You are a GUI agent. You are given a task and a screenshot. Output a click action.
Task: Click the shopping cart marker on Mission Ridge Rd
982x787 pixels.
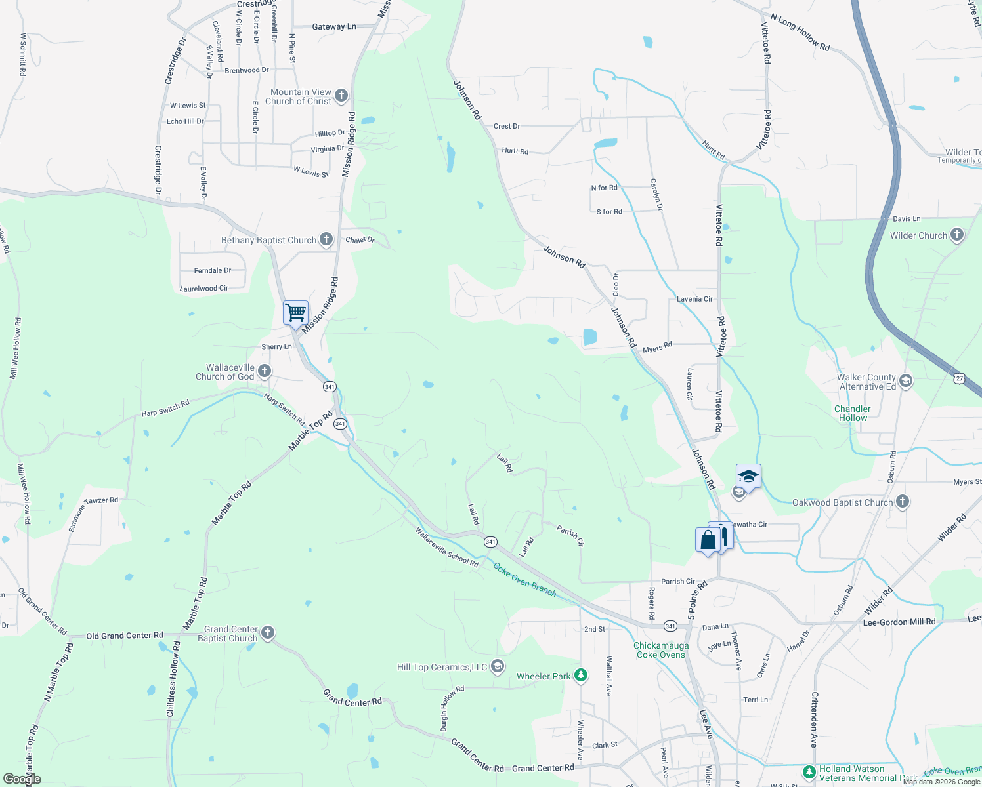pyautogui.click(x=295, y=312)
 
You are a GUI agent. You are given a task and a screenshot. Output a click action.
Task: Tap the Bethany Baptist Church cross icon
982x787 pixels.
pyautogui.click(x=326, y=239)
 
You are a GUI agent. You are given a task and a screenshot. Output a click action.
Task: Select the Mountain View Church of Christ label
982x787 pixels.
pyautogui.click(x=301, y=96)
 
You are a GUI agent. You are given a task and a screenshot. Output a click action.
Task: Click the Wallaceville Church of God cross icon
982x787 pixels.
pyautogui.click(x=265, y=371)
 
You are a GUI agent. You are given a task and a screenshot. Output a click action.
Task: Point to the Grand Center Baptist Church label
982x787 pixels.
pyautogui.click(x=227, y=634)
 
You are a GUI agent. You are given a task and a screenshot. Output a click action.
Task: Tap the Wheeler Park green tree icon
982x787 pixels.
pyautogui.click(x=580, y=675)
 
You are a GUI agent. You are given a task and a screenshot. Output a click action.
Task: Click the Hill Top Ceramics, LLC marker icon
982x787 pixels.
pyautogui.click(x=498, y=666)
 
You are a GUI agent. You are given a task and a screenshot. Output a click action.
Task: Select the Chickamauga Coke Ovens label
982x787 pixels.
pyautogui.click(x=661, y=650)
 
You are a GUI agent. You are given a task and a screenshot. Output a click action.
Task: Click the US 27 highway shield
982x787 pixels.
pyautogui.click(x=960, y=378)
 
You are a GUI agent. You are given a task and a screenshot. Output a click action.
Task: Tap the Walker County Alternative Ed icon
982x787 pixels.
pyautogui.click(x=906, y=381)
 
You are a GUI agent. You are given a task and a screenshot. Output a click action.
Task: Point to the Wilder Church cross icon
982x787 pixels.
pyautogui.click(x=956, y=235)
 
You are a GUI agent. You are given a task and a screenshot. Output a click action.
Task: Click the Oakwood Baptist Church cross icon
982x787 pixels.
pyautogui.click(x=903, y=502)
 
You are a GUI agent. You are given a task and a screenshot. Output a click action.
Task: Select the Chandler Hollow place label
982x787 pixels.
pyautogui.click(x=853, y=413)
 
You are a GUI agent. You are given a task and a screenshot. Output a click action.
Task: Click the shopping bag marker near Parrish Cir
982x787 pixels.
pyautogui.click(x=708, y=540)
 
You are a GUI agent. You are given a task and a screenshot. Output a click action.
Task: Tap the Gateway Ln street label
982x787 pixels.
pyautogui.click(x=334, y=27)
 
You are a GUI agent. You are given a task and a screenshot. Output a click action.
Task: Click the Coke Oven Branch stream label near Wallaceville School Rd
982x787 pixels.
pyautogui.click(x=524, y=580)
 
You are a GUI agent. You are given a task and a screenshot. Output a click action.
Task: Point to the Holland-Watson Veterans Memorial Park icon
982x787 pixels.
pyautogui.click(x=809, y=772)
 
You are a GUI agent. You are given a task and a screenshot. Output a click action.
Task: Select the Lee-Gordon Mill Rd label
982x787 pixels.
pyautogui.click(x=899, y=622)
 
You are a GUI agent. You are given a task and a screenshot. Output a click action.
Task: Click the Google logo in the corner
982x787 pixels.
pyautogui.click(x=22, y=779)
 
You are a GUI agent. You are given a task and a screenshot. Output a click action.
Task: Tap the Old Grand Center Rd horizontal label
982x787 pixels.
pyautogui.click(x=125, y=636)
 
